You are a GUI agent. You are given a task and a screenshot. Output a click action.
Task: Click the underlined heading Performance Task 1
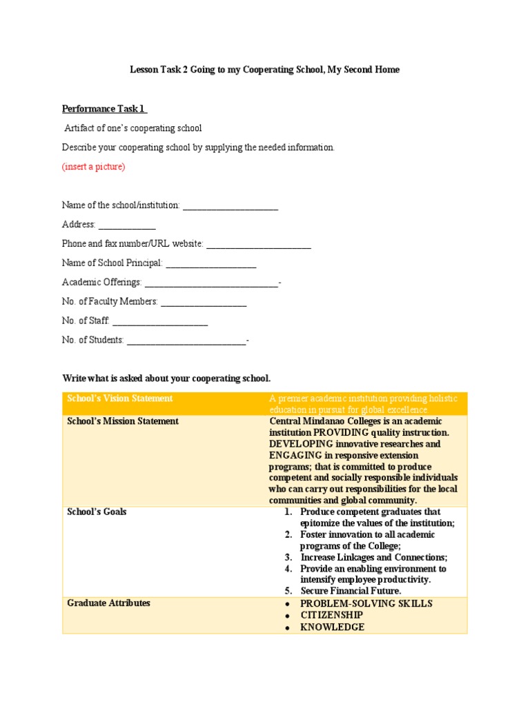(104, 109)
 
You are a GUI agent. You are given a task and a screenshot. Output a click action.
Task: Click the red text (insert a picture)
(94, 167)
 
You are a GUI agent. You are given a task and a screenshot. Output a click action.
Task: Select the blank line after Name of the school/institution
(230, 205)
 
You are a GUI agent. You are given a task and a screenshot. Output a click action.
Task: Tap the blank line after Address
(127, 225)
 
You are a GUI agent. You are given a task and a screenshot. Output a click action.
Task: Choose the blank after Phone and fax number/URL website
(258, 244)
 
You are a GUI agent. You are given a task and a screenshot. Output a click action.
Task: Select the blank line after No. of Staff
(159, 321)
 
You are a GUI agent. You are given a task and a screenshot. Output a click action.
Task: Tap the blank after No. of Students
(186, 341)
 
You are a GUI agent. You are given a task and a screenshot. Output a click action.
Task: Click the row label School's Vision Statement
(119, 399)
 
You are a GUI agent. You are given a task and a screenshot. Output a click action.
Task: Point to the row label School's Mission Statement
(123, 421)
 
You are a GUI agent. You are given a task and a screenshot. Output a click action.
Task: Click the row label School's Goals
(97, 512)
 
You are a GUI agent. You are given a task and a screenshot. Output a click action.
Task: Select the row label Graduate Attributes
(108, 603)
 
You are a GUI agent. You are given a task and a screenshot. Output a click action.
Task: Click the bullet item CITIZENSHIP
(331, 615)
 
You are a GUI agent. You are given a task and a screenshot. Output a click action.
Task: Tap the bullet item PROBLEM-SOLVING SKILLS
(366, 603)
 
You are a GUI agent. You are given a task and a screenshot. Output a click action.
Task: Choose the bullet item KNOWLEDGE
(332, 627)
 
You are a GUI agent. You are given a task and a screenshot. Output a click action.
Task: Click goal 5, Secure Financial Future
(351, 591)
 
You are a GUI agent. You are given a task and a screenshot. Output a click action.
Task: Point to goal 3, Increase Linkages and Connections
(373, 557)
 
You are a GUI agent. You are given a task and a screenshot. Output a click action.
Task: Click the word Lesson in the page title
(145, 70)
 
